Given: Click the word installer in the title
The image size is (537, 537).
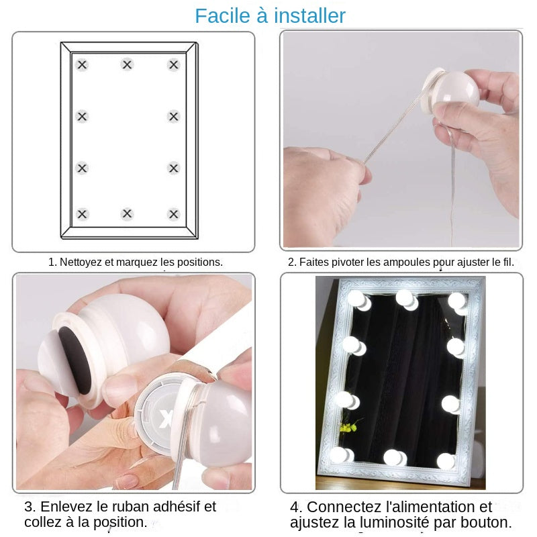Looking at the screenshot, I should pos(309,15).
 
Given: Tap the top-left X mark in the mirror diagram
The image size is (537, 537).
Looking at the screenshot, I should pos(82,65).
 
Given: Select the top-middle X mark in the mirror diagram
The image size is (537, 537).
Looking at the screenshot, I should pos(127,65).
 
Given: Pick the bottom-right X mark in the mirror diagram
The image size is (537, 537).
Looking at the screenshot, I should pos(174,214).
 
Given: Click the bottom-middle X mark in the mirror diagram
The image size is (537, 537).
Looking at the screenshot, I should pos(127,214).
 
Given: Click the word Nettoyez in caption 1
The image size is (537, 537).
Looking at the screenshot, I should pos(80,262).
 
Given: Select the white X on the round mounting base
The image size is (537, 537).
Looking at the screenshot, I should pos(166,420).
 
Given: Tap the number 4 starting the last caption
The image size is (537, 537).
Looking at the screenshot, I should pos(295,507).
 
